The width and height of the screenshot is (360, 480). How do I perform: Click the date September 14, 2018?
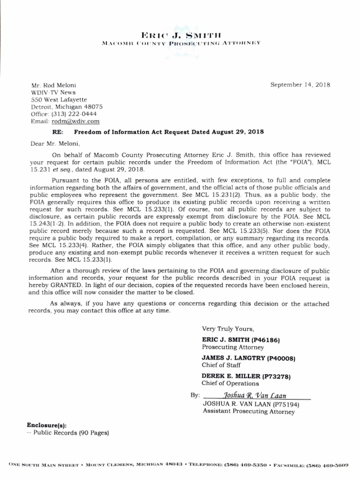[300, 85]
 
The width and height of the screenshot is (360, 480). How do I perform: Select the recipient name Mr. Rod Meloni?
[53, 85]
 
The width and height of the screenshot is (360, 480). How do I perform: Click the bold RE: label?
[57, 132]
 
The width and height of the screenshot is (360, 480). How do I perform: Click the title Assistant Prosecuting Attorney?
[249, 412]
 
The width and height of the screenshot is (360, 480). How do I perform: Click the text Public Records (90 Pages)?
[71, 433]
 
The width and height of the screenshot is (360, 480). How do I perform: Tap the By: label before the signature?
[195, 396]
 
